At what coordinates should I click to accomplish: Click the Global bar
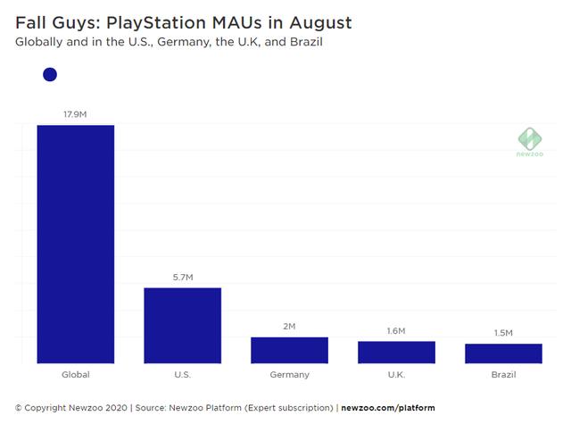pyautogui.click(x=75, y=244)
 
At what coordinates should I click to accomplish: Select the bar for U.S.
pyautogui.click(x=182, y=325)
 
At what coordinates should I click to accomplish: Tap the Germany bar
pyautogui.click(x=289, y=350)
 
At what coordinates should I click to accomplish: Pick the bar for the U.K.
pyautogui.click(x=396, y=352)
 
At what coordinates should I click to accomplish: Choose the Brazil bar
pyautogui.click(x=503, y=353)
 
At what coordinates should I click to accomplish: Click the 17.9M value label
pyautogui.click(x=75, y=113)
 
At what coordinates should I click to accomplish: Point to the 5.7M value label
pyautogui.click(x=182, y=277)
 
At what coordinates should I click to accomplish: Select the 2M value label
pyautogui.click(x=289, y=326)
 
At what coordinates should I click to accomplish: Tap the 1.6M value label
pyautogui.click(x=396, y=330)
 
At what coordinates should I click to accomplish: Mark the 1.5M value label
pyautogui.click(x=503, y=332)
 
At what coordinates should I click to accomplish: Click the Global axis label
pyautogui.click(x=75, y=375)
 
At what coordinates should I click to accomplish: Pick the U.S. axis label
pyautogui.click(x=182, y=375)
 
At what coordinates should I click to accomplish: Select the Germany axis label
pyautogui.click(x=289, y=375)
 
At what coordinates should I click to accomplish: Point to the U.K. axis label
pyautogui.click(x=396, y=375)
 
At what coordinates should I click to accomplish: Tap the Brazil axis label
pyautogui.click(x=503, y=375)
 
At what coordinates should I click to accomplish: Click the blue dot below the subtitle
pyautogui.click(x=50, y=75)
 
